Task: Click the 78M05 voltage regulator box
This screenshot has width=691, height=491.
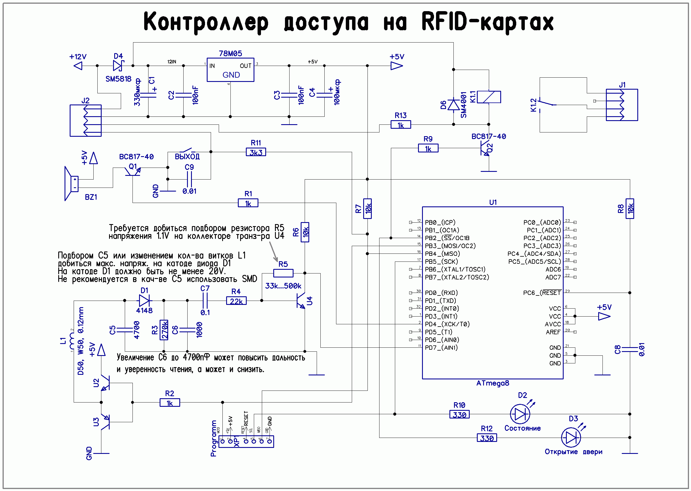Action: pyautogui.click(x=230, y=70)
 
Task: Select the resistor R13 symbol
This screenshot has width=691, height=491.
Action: pyautogui.click(x=400, y=124)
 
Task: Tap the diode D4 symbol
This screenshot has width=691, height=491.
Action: pyautogui.click(x=117, y=65)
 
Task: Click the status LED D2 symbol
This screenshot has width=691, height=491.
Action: pyautogui.click(x=520, y=414)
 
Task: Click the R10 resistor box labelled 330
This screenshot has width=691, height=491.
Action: pyautogui.click(x=459, y=414)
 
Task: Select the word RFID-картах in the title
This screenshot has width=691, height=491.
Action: pyautogui.click(x=487, y=22)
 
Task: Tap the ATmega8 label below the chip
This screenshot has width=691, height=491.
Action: pyautogui.click(x=492, y=383)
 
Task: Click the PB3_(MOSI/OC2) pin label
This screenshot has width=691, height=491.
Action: pyautogui.click(x=450, y=246)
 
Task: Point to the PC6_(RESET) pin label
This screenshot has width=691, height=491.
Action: pyautogui.click(x=542, y=293)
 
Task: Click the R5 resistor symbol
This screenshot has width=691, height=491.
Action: pyautogui.click(x=283, y=273)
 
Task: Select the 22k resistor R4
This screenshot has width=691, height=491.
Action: pyautogui.click(x=236, y=301)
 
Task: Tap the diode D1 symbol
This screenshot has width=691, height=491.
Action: pyautogui.click(x=144, y=301)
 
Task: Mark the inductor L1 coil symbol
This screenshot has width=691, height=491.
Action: pyautogui.click(x=71, y=341)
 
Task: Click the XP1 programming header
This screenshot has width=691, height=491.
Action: pyautogui.click(x=246, y=441)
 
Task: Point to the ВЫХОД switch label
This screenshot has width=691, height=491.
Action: pyautogui.click(x=187, y=157)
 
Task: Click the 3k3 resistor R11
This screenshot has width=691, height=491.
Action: pyautogui.click(x=256, y=152)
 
